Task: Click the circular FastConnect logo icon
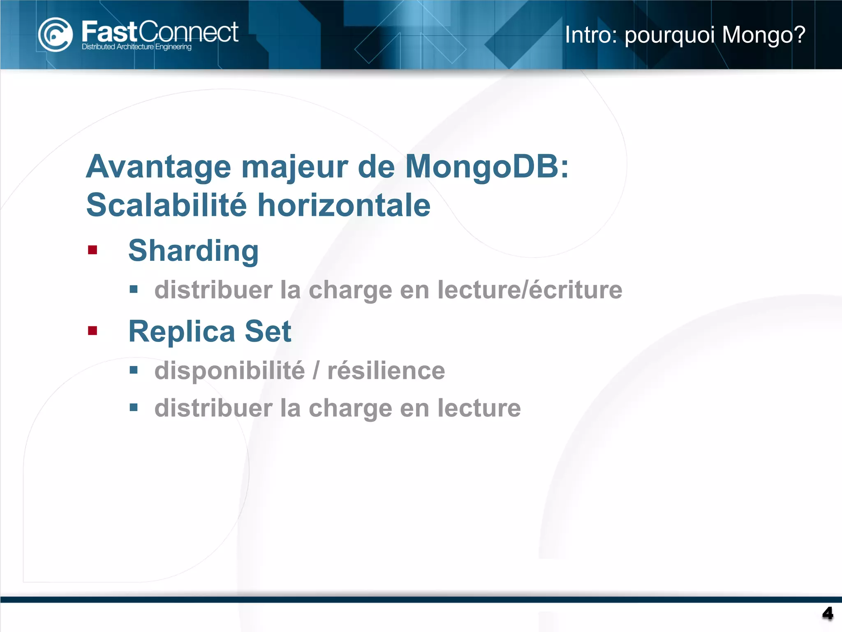[55, 35]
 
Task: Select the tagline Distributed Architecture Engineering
[136, 47]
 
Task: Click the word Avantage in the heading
[159, 167]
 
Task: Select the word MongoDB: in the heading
[487, 167]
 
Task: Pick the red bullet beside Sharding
[93, 250]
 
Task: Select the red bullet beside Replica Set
[93, 330]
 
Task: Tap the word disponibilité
[229, 370]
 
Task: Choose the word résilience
[386, 370]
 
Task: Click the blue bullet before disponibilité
[134, 370]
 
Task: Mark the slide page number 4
[827, 613]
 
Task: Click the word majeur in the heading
[294, 167]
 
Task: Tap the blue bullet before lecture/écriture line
[134, 289]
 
